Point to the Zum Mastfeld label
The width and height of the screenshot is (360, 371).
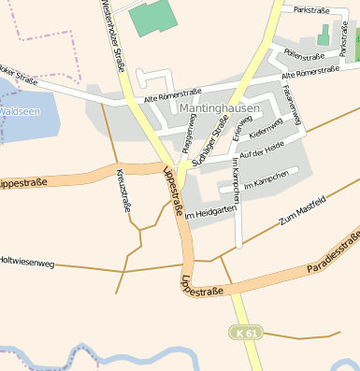click(x=301, y=211)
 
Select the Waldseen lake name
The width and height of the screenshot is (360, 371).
click(x=19, y=110)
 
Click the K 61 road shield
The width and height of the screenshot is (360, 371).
click(x=244, y=332)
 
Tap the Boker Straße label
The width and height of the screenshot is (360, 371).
click(x=19, y=75)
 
